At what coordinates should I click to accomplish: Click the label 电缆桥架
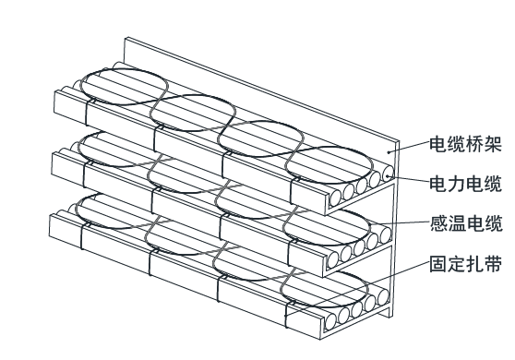tap(466, 144)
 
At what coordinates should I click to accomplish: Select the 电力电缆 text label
tap(466, 184)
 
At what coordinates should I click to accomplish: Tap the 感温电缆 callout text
tap(466, 223)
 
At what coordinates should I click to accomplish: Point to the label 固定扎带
tap(466, 264)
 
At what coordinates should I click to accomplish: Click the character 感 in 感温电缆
tap(438, 223)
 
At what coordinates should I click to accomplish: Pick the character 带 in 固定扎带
tap(494, 264)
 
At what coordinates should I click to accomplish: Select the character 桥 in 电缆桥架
tap(475, 144)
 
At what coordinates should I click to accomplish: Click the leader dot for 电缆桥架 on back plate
tap(389, 152)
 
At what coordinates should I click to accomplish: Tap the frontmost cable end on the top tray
tap(335, 197)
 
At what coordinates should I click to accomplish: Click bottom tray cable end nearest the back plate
tap(383, 296)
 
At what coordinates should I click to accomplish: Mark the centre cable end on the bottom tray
tap(356, 308)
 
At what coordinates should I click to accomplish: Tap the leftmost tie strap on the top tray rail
tap(87, 113)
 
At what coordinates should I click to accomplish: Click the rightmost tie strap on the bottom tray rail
tap(286, 316)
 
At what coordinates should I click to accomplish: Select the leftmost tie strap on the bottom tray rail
tap(81, 236)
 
